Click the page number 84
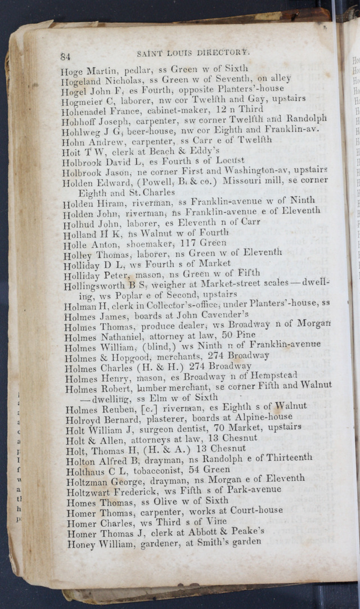[x=65, y=56]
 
